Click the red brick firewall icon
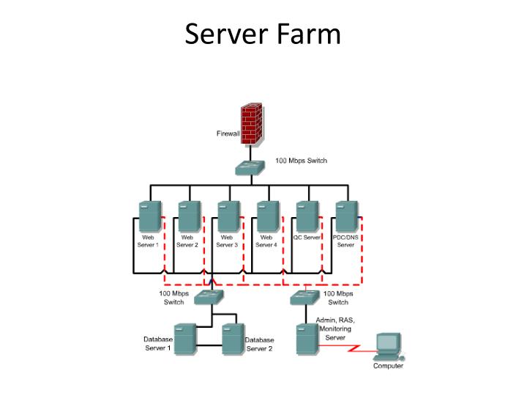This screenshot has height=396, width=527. [x=253, y=123]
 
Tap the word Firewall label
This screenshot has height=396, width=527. [x=228, y=134]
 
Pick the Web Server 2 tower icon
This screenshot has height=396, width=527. [x=189, y=218]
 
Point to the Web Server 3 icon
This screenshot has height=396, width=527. [x=228, y=218]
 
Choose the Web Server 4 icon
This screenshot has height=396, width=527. [x=267, y=218]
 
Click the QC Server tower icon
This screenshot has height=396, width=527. [x=307, y=218]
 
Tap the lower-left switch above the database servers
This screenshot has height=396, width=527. [x=208, y=297]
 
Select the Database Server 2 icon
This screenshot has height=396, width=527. [x=232, y=340]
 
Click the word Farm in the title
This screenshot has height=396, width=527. [x=307, y=34]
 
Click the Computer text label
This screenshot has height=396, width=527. [x=388, y=366]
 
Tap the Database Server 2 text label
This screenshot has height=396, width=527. [x=259, y=345]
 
